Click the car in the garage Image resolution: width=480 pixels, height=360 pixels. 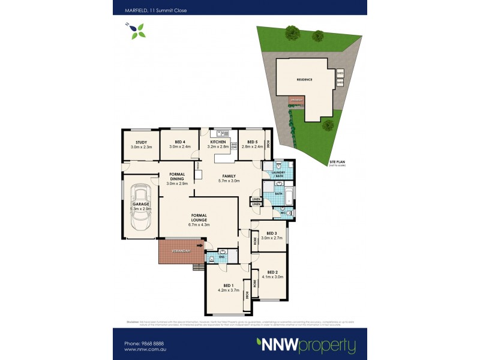[141, 206]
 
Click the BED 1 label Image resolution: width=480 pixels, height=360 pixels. [228, 287]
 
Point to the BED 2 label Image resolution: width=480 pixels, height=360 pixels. [271, 274]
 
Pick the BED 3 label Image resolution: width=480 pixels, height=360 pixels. [271, 235]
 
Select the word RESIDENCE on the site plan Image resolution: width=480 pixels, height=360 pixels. [305, 80]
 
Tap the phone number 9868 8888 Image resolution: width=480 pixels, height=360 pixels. [146, 343]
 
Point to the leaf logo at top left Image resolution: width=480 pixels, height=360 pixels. [137, 29]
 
